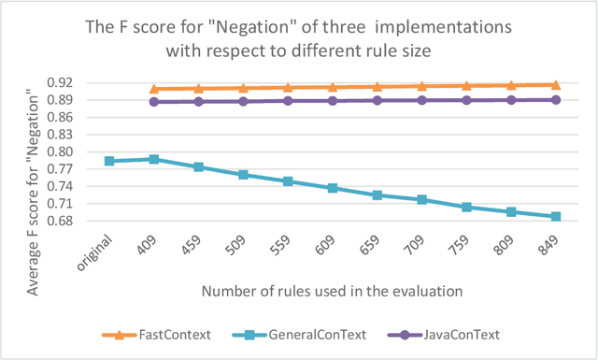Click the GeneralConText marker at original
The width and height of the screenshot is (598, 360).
tap(109, 161)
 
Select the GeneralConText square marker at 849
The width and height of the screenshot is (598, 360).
tap(556, 216)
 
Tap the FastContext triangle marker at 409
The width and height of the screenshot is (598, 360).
tap(154, 90)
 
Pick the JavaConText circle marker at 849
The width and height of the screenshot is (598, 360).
tap(556, 99)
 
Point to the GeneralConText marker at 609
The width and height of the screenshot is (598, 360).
tap(333, 188)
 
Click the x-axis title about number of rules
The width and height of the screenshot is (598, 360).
tap(332, 290)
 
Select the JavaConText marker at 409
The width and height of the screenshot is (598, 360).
tap(154, 102)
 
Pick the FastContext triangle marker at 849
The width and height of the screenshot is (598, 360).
tap(556, 85)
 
